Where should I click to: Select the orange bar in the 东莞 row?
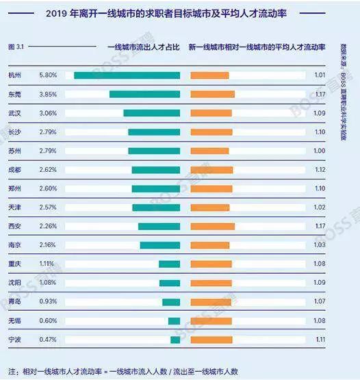[x=212, y=94]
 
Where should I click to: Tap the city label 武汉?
[x=14, y=112]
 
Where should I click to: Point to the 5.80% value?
[x=48, y=75]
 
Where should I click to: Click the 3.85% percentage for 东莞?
[x=48, y=94]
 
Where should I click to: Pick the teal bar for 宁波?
[x=175, y=339]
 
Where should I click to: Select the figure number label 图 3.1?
[x=16, y=47]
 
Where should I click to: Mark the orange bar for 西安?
[x=212, y=226]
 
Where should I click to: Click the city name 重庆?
[x=14, y=264]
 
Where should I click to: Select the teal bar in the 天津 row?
[x=156, y=207]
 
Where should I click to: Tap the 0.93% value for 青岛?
[x=48, y=301]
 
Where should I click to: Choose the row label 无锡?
[x=14, y=320]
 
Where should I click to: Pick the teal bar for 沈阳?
[x=170, y=283]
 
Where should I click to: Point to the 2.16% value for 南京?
[x=48, y=244]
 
